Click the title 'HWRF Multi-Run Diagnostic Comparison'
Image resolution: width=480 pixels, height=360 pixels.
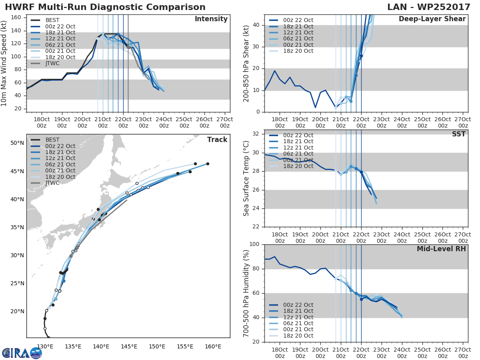click(x=105, y=7)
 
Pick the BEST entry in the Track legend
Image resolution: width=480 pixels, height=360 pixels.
click(x=52, y=140)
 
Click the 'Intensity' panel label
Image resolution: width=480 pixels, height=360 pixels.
click(x=211, y=19)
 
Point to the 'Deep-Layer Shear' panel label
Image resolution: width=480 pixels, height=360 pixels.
click(x=432, y=19)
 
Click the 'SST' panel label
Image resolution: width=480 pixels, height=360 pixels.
click(x=459, y=134)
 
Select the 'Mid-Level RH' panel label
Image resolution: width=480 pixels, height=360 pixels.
click(x=441, y=249)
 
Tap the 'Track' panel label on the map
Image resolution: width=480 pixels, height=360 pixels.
click(x=217, y=140)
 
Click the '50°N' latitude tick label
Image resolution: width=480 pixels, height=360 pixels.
click(x=17, y=143)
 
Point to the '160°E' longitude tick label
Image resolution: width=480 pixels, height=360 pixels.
click(x=213, y=346)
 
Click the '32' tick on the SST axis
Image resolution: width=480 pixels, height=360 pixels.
click(x=256, y=134)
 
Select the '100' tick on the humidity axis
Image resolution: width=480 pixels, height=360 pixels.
click(x=254, y=244)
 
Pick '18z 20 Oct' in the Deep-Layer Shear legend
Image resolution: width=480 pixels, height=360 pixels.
click(x=298, y=51)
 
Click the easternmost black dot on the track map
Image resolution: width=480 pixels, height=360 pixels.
click(x=208, y=164)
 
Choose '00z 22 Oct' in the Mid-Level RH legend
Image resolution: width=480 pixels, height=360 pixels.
click(x=298, y=305)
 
